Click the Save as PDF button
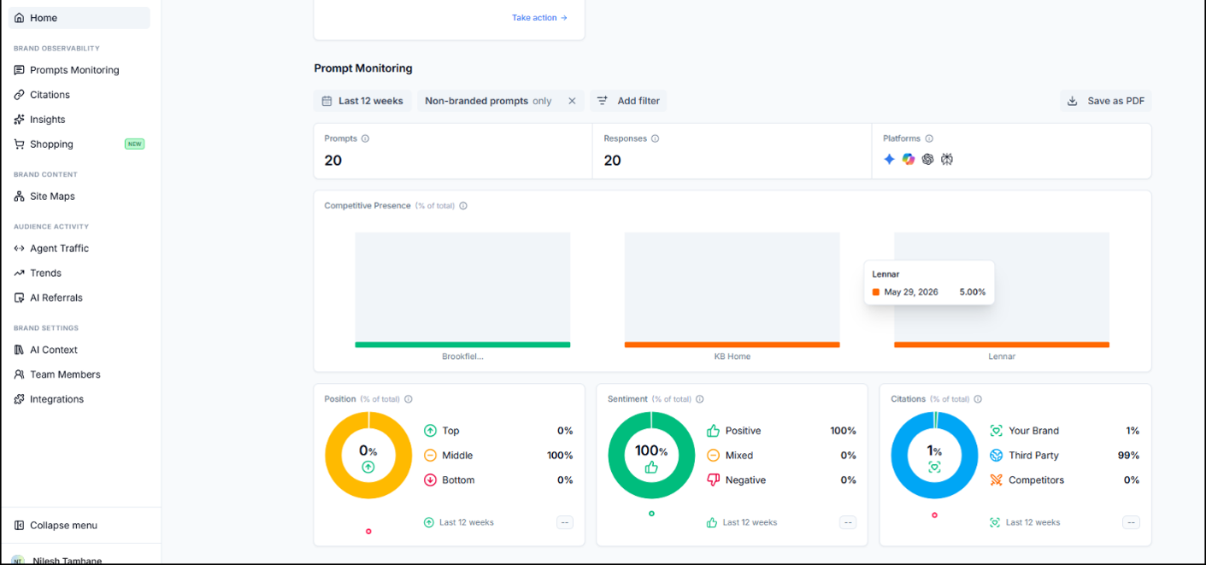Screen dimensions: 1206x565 [x=1105, y=101]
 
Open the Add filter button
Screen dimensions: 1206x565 [x=628, y=101]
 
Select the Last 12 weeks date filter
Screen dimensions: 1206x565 [x=362, y=101]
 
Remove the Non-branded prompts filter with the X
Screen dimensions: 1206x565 [x=572, y=101]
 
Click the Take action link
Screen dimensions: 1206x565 [x=539, y=18]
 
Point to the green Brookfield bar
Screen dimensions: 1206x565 [x=462, y=344]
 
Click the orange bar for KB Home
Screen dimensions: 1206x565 [x=732, y=344]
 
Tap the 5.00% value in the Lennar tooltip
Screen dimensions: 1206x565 [x=973, y=292]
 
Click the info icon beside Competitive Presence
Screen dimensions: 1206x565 [x=463, y=206]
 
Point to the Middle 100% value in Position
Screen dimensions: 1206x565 [x=560, y=455]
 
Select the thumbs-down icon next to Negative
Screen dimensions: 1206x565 [x=714, y=480]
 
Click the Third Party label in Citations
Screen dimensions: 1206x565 [x=1033, y=455]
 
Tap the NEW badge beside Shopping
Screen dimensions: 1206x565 [x=134, y=144]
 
